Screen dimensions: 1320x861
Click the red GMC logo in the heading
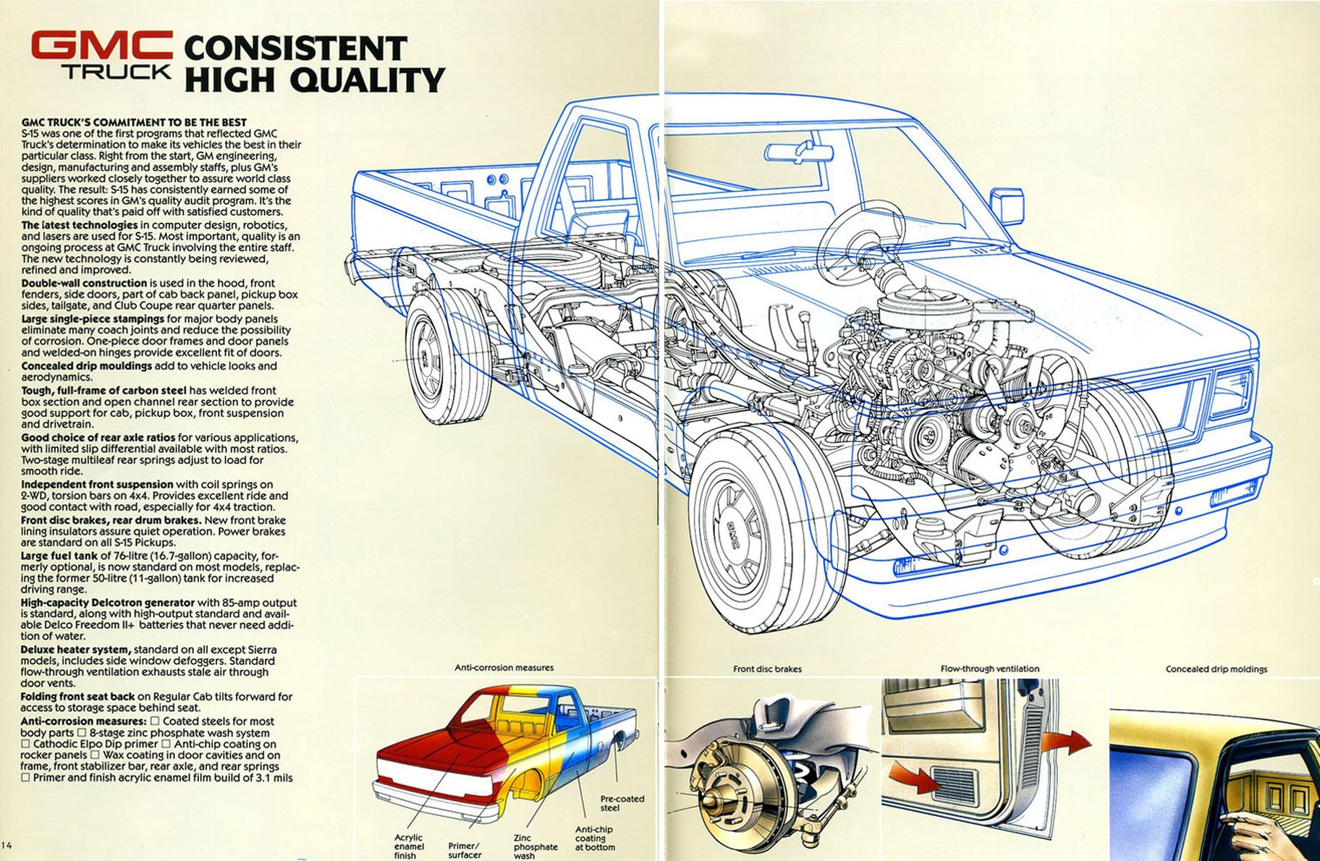point(101,46)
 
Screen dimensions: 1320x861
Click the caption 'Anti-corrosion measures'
point(504,667)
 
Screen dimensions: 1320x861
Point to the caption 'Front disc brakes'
point(767,669)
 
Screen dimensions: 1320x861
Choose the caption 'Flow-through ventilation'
point(989,669)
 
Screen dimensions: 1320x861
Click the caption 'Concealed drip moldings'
point(1216,669)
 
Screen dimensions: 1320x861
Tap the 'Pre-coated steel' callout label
point(622,803)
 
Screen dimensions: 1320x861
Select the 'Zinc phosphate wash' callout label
point(536,847)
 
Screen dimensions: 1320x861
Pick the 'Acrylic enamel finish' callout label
point(409,847)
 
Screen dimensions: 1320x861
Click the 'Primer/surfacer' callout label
point(465,850)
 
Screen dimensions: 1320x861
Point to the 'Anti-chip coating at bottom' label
point(595,839)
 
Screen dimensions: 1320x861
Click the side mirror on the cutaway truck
point(1007,204)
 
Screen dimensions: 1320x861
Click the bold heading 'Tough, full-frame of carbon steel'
point(103,391)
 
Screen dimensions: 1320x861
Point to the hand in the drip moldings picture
point(1256,832)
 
